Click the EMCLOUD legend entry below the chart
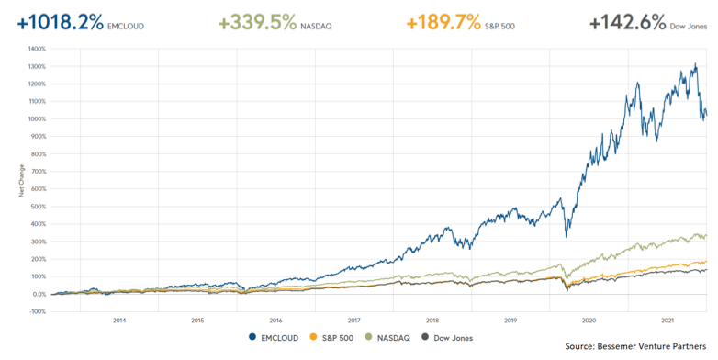pyautogui.click(x=275, y=336)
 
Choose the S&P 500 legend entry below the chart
pyautogui.click(x=333, y=336)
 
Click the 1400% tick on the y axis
pyautogui.click(x=37, y=49)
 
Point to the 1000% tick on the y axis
pyautogui.click(x=37, y=119)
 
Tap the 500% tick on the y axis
pyautogui.click(x=38, y=207)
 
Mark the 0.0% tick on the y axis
pyautogui.click(x=38, y=295)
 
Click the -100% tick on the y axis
pyautogui.click(x=37, y=312)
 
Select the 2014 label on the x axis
pyautogui.click(x=119, y=320)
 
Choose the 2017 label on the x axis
pyautogui.click(x=354, y=320)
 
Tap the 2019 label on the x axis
pyautogui.click(x=511, y=320)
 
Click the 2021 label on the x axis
pyautogui.click(x=668, y=320)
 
